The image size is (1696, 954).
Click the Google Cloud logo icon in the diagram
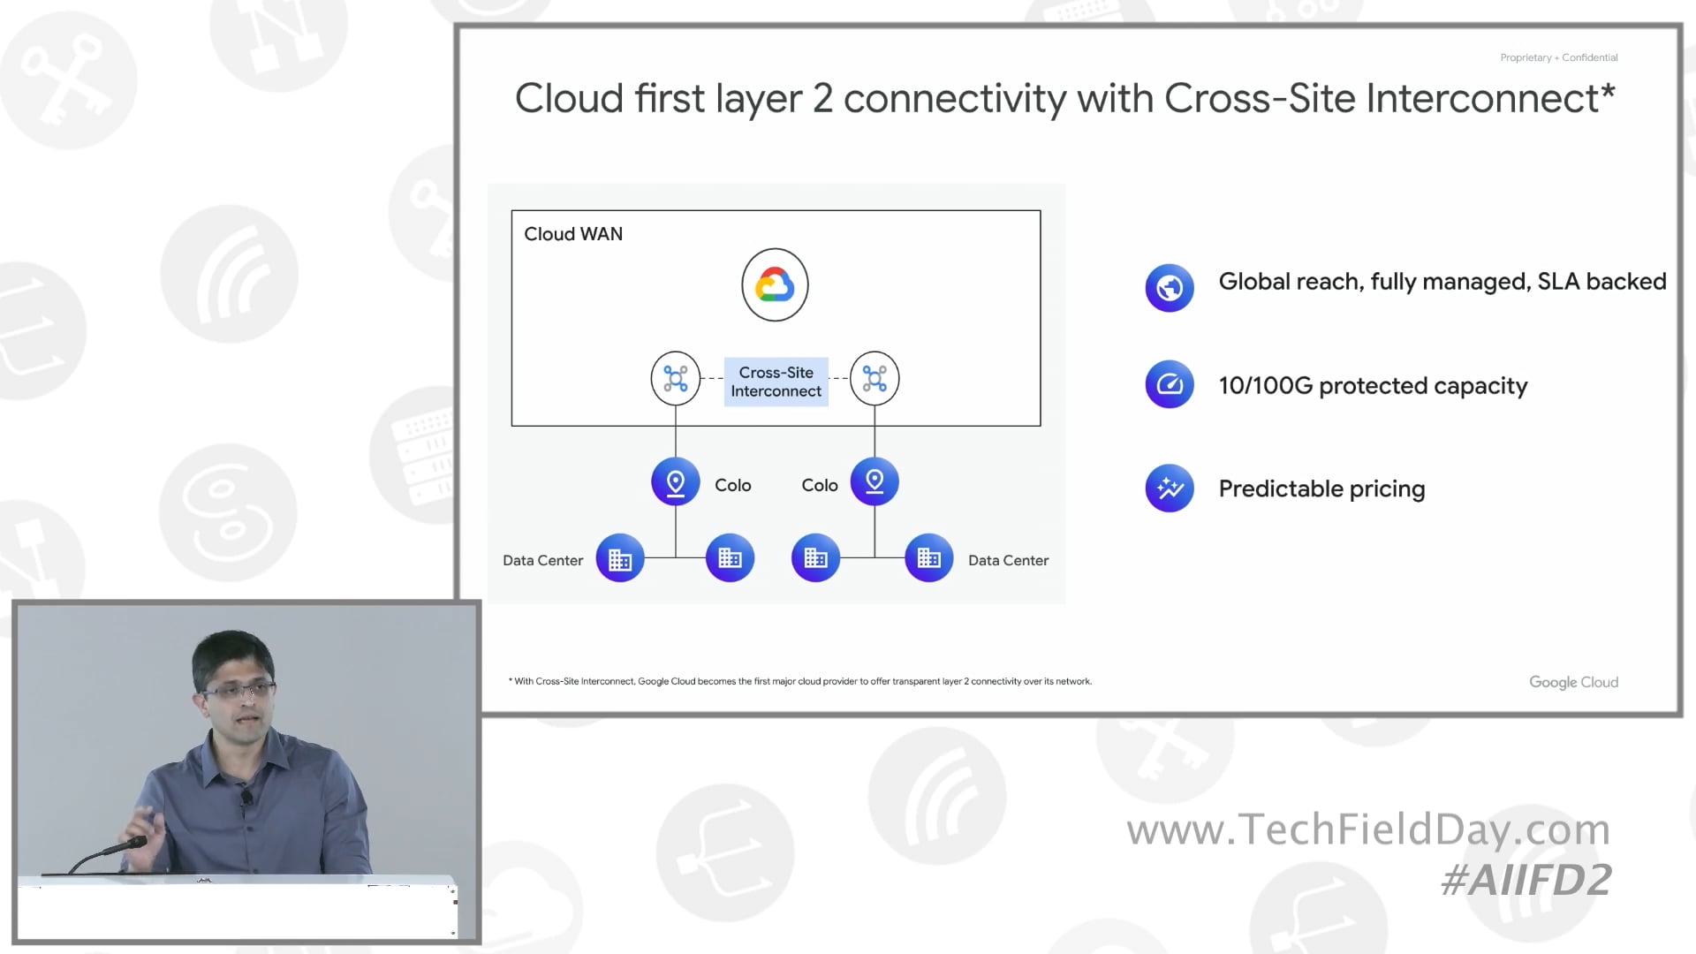tap(775, 284)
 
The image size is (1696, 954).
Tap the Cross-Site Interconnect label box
tap(776, 382)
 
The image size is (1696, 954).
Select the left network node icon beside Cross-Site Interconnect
tap(676, 378)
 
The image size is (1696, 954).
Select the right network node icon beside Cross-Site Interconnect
tap(874, 378)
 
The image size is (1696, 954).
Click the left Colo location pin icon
tap(676, 482)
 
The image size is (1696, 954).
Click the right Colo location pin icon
tap(874, 481)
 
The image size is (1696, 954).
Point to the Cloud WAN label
tap(573, 234)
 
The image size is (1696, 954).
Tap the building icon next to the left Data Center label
tap(620, 558)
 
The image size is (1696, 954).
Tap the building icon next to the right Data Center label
tap(929, 558)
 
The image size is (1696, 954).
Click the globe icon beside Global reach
tap(1170, 288)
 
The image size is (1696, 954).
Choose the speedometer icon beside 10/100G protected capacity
tap(1170, 384)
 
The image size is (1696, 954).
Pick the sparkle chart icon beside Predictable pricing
tap(1170, 488)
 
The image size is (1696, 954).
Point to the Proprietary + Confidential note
tap(1558, 57)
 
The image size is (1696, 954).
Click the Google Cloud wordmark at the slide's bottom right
tap(1573, 682)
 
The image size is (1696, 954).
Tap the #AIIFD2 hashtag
tap(1526, 880)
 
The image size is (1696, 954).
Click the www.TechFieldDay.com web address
tap(1368, 829)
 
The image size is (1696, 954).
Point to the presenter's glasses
tap(237, 689)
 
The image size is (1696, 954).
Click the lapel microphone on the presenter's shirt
tap(246, 798)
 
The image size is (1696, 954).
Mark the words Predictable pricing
tap(1321, 488)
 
